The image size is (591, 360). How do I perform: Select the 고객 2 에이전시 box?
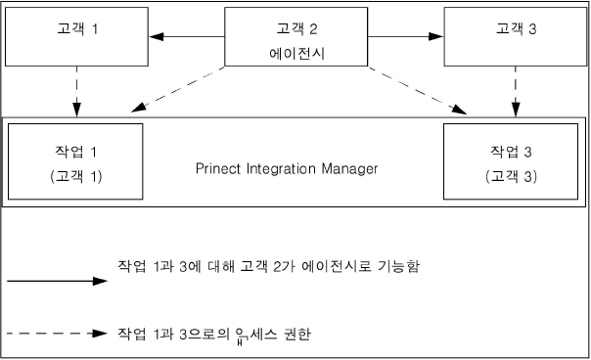(x=296, y=37)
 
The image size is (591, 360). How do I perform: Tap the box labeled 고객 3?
(x=515, y=37)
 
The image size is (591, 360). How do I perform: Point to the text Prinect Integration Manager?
(x=286, y=168)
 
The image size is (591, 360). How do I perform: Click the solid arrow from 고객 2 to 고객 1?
(x=188, y=37)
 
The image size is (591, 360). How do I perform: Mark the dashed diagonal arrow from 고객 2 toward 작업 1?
(x=181, y=87)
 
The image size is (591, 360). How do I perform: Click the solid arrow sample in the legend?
(x=55, y=281)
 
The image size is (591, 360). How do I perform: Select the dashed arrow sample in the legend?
(x=55, y=333)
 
